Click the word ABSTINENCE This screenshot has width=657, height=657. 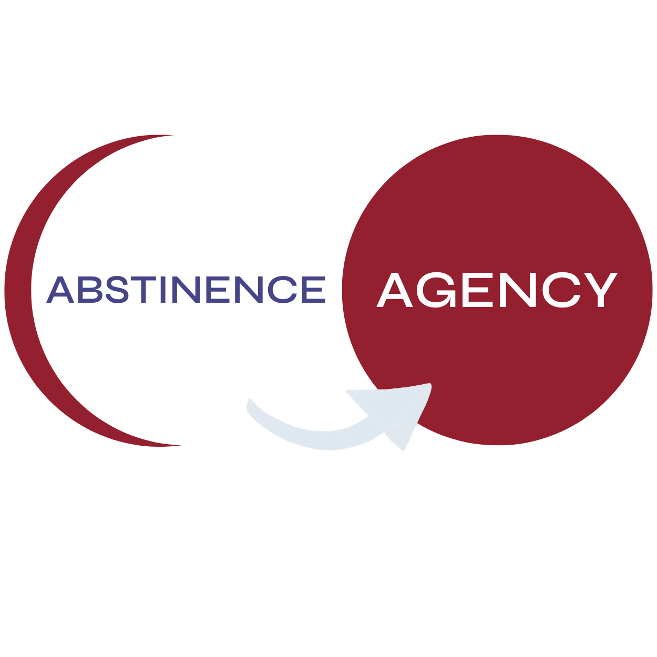point(186,290)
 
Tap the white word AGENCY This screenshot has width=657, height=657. point(497,290)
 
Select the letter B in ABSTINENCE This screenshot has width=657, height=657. point(90,290)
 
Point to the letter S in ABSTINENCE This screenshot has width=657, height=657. point(117,290)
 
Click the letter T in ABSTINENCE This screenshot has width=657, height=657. point(143,290)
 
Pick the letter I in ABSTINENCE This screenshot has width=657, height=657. point(163,290)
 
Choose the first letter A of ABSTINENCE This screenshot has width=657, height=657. point(60,290)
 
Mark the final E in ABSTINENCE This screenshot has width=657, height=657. point(314,290)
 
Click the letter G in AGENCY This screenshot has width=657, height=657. point(438,290)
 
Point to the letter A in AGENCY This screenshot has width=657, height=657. point(395,290)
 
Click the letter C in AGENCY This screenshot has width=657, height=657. point(561,290)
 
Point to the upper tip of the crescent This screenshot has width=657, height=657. point(174,136)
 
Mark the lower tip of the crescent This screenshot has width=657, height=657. point(181,445)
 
